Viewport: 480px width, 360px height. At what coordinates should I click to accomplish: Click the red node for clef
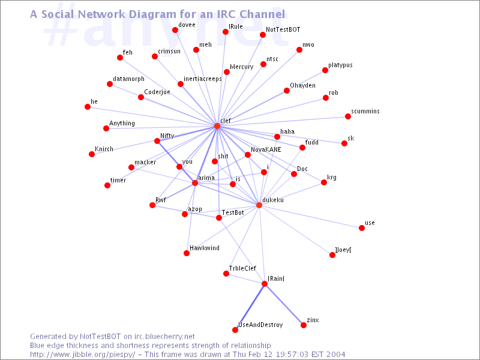pyautogui.click(x=217, y=126)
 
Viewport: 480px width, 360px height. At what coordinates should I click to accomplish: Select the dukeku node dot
pyautogui.click(x=259, y=205)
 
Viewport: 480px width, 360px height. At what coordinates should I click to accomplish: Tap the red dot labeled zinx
pyautogui.click(x=304, y=325)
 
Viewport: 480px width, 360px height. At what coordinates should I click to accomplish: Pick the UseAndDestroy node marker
pyautogui.click(x=235, y=330)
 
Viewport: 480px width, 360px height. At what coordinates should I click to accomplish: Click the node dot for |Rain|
pyautogui.click(x=265, y=284)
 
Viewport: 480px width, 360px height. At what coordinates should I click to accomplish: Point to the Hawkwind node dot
pyautogui.click(x=187, y=253)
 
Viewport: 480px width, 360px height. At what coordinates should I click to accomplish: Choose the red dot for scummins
pyautogui.click(x=347, y=116)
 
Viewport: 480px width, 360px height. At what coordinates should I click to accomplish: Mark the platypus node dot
pyautogui.click(x=325, y=70)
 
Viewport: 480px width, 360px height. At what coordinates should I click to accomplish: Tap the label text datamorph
pyautogui.click(x=128, y=79)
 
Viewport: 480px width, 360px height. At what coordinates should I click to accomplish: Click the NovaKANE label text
pyautogui.click(x=266, y=149)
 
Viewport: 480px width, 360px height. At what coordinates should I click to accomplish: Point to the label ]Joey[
pyautogui.click(x=343, y=250)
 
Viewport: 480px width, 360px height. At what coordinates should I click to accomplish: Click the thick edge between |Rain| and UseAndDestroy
pyautogui.click(x=250, y=307)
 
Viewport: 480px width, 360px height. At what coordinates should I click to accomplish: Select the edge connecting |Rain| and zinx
pyautogui.click(x=284, y=305)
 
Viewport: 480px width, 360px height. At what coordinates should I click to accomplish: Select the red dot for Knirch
pyautogui.click(x=92, y=154)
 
